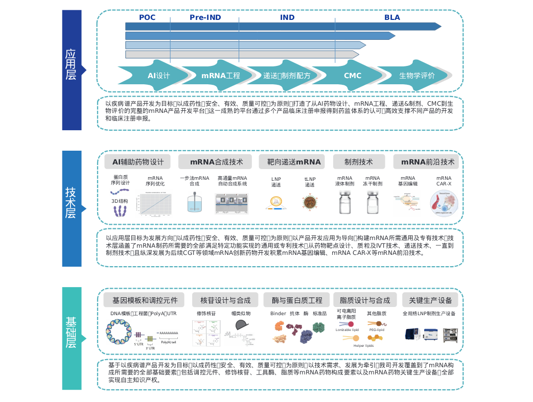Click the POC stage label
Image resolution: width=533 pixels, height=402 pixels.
pos(147,17)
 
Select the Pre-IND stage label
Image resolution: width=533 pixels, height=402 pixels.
pos(205,17)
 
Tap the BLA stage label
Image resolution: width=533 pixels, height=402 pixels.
pos(392,17)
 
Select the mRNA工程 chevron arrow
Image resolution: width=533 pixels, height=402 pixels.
pos(220,76)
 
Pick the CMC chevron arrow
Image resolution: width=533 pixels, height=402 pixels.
pos(352,76)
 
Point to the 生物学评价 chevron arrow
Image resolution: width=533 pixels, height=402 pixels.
pos(416,76)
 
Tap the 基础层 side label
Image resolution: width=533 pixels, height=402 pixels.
pos(71,333)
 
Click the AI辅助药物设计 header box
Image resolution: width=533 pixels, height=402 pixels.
pos(137,162)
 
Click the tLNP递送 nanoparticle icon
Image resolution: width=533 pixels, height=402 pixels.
pos(310,203)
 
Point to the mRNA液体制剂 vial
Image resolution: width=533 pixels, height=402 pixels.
pos(344,202)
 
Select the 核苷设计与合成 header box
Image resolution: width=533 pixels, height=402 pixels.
pos(225,300)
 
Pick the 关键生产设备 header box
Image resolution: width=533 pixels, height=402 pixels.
pos(427,300)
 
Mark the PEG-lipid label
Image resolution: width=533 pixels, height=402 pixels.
pos(377,330)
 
